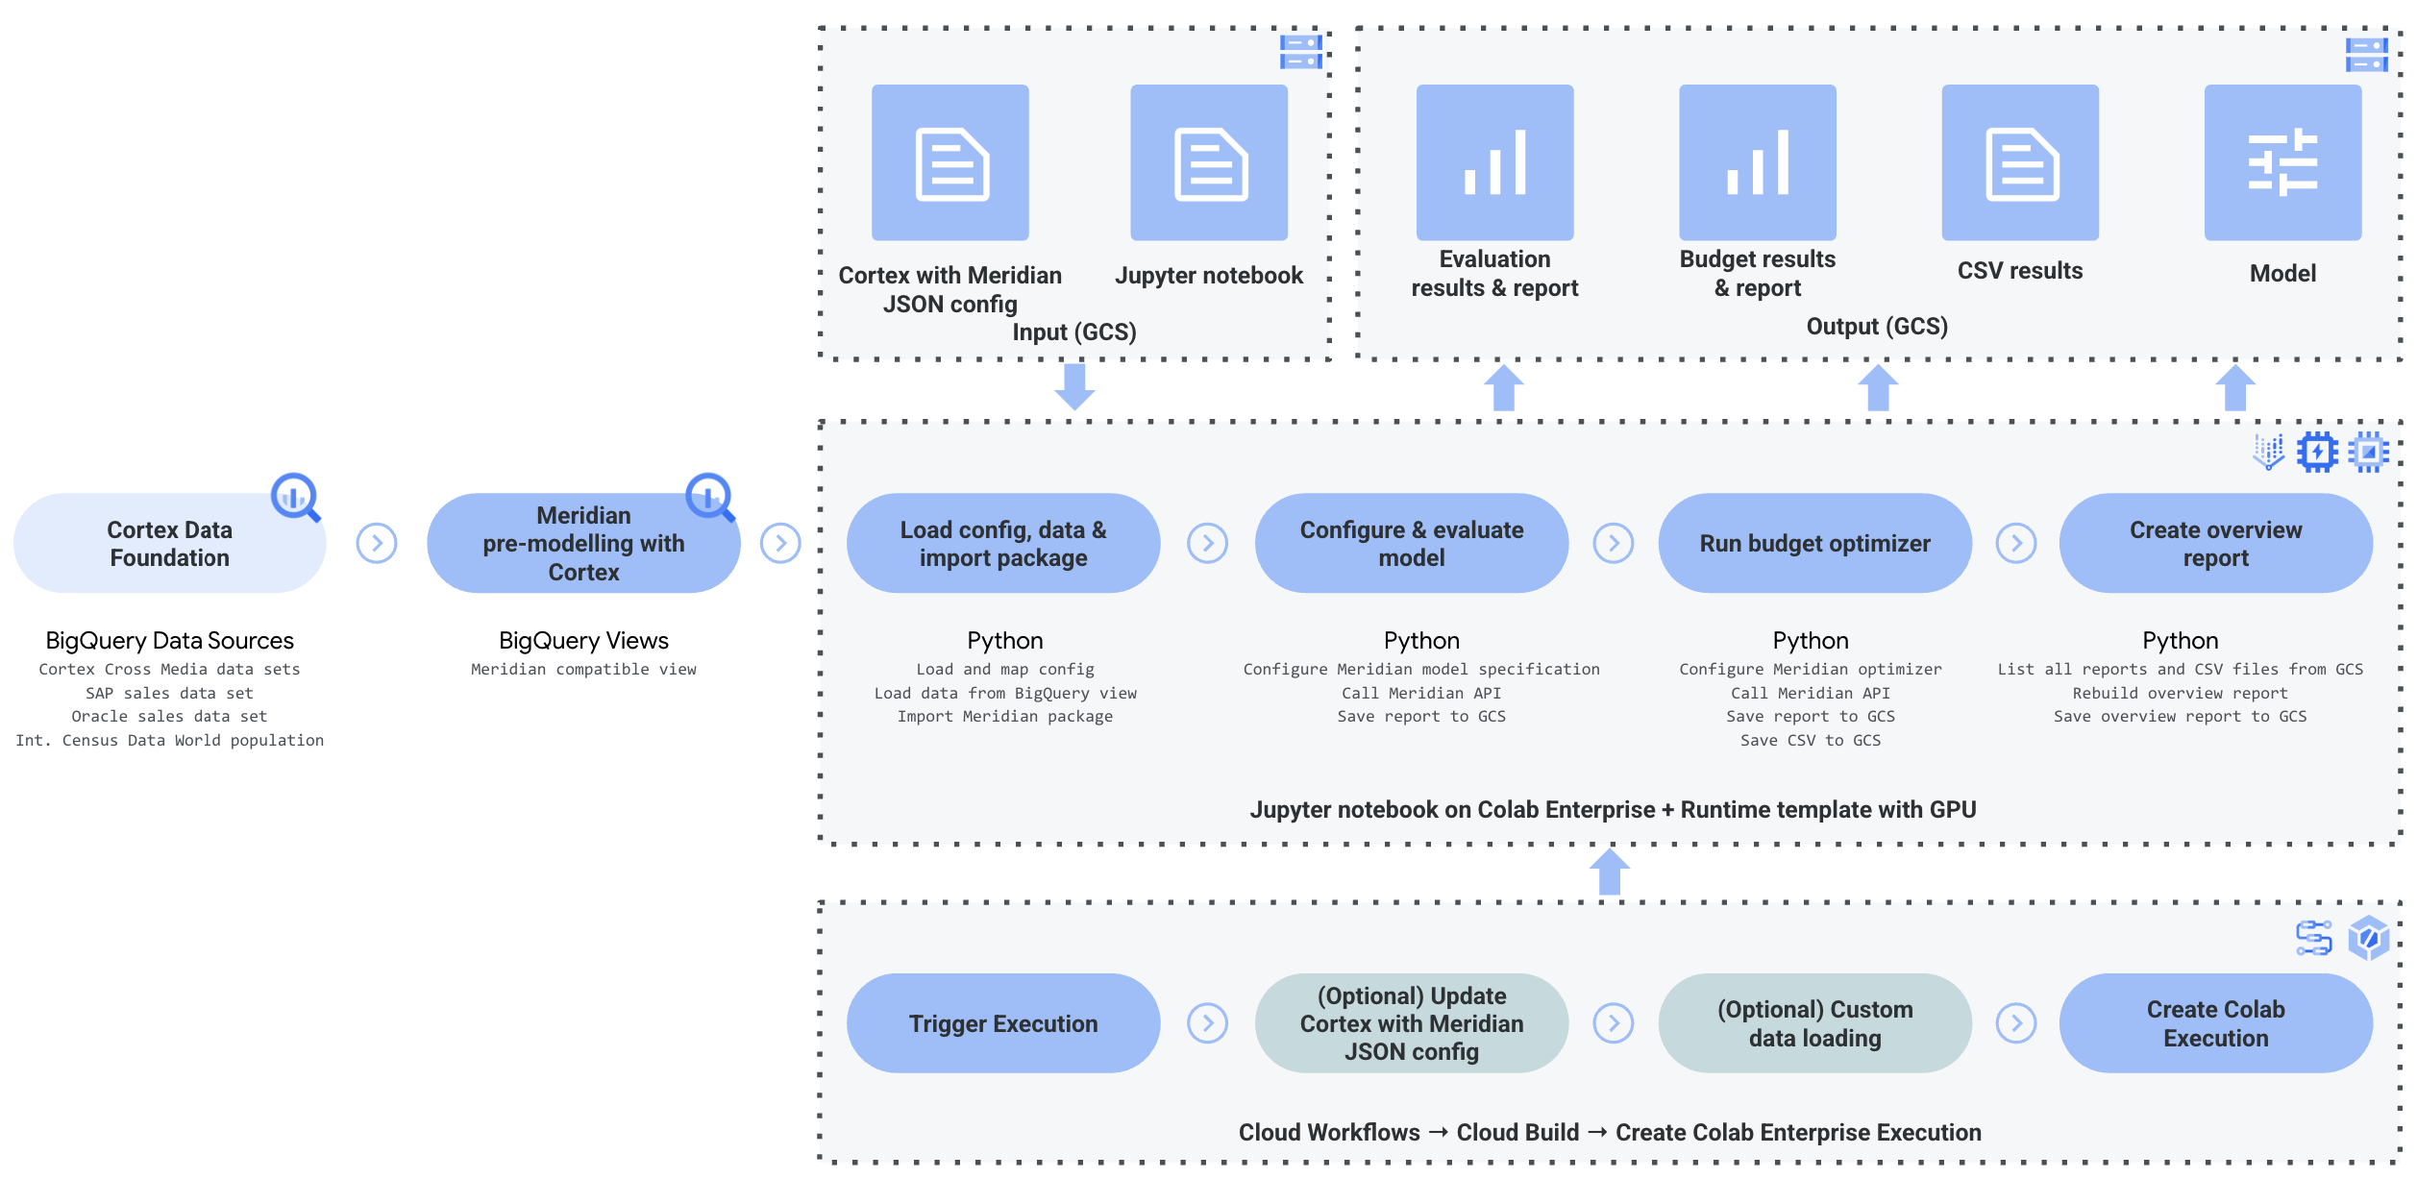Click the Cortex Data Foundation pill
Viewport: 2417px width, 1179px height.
click(x=169, y=544)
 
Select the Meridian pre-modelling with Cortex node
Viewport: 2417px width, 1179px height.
click(x=583, y=544)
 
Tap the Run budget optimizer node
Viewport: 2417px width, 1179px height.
click(x=1814, y=544)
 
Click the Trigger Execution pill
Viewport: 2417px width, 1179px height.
click(x=1003, y=1023)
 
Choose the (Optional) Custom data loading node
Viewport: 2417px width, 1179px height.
click(x=1814, y=1023)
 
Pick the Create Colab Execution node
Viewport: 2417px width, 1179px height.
click(x=2215, y=1023)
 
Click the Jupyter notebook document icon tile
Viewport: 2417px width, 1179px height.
click(x=1209, y=162)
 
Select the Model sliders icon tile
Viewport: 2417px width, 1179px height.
click(x=2282, y=162)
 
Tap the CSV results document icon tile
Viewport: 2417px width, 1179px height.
click(x=2020, y=162)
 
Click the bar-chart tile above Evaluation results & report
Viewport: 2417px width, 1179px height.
click(x=1494, y=162)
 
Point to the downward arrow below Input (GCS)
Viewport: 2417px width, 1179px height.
click(x=1074, y=386)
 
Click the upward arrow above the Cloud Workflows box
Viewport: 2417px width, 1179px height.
click(x=1610, y=872)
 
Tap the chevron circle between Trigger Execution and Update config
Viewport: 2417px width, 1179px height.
click(x=1207, y=1023)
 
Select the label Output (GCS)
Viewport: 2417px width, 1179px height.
click(x=1877, y=327)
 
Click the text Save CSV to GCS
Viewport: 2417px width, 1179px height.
click(x=1811, y=741)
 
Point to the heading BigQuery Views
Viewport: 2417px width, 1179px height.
click(x=583, y=641)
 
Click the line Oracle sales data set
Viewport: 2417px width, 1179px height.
click(x=169, y=717)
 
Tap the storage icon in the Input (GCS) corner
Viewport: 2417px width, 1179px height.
click(x=1300, y=52)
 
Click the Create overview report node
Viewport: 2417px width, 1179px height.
click(x=2215, y=544)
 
